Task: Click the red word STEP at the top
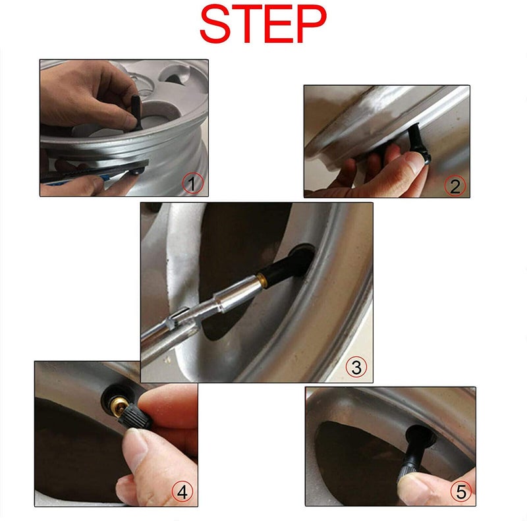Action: (263, 24)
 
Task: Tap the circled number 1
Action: (192, 183)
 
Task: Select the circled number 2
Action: (455, 186)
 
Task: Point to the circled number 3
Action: (356, 367)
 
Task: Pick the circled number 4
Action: (182, 492)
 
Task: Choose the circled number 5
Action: (461, 491)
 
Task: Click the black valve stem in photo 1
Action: (136, 112)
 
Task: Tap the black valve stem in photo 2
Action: (419, 143)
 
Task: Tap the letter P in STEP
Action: (310, 24)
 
